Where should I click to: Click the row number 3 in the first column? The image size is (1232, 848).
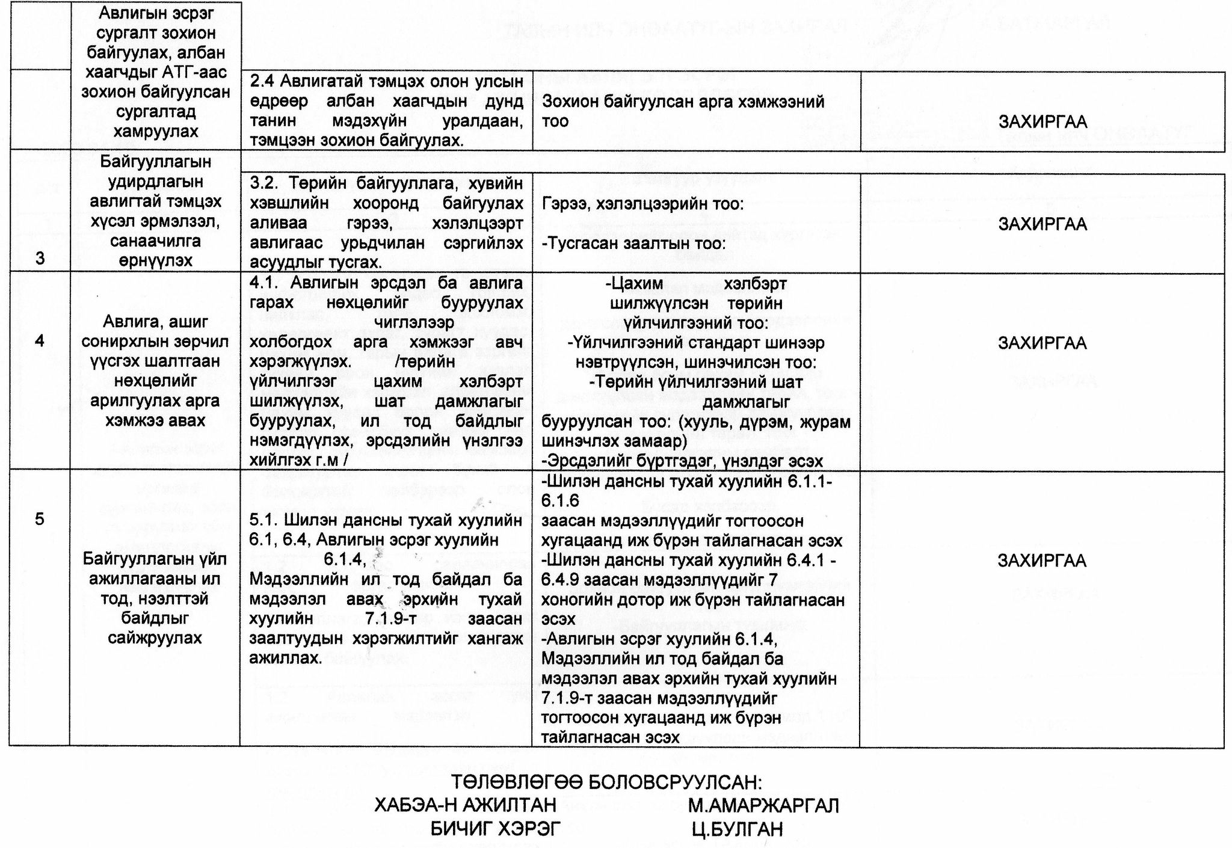coord(40,259)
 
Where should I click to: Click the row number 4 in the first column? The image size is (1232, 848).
coord(40,341)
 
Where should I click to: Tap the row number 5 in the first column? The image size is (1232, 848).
coord(40,518)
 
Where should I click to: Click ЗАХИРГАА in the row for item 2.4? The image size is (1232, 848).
coord(1043,121)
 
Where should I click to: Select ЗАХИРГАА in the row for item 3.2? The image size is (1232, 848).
coord(1043,224)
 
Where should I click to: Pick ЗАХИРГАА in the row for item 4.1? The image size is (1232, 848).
coord(1043,343)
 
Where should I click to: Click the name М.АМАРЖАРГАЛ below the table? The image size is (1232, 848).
coord(763,805)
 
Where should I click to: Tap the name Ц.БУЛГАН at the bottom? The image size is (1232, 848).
coord(738,829)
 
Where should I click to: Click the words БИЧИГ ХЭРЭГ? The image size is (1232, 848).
coord(495,829)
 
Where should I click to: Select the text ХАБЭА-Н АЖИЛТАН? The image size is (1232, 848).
coord(465,805)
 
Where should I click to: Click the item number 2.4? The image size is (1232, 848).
coord(262,82)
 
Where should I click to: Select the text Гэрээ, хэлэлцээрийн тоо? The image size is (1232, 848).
coord(642,204)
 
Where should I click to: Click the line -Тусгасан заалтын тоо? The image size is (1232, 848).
coord(633,244)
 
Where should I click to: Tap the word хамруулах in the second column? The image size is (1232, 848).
coord(155,131)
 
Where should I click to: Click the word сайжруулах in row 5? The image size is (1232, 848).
coord(155,638)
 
